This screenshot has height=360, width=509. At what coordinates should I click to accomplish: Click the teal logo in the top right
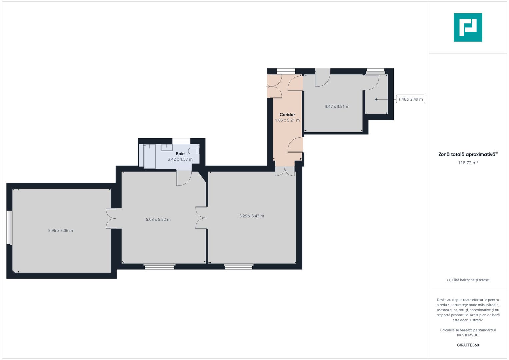point(468,27)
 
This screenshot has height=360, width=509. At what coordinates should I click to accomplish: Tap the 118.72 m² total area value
point(468,163)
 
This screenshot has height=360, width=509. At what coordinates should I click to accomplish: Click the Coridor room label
point(287,114)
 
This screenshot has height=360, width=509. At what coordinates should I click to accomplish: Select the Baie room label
point(180,154)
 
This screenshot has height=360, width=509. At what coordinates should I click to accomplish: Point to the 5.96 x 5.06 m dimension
point(60,230)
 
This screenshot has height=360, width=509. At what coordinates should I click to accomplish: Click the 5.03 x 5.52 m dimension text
point(158,219)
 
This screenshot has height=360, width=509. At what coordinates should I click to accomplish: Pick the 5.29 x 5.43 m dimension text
point(251,216)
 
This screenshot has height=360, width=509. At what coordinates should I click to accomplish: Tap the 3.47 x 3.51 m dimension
point(337,107)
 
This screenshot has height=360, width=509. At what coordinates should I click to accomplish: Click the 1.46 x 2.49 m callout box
point(410,99)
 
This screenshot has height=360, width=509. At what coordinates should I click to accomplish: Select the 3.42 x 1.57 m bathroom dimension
point(180,159)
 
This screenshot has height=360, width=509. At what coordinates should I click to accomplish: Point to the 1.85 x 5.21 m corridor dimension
point(287,120)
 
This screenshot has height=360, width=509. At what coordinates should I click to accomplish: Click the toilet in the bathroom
point(194,151)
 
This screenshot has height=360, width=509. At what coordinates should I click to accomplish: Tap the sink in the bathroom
point(166,147)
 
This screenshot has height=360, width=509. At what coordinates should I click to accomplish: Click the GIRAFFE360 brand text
point(468,345)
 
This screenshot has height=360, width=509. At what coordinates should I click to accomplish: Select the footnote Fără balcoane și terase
point(468,280)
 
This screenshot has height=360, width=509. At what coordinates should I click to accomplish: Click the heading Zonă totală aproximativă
point(467,154)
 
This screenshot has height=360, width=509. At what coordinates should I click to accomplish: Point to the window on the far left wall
point(9,228)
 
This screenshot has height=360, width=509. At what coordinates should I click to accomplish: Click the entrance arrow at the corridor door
point(268,86)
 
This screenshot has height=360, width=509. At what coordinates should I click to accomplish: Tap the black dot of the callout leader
point(376,99)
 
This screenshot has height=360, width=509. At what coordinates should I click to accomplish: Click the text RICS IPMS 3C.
point(468,335)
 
